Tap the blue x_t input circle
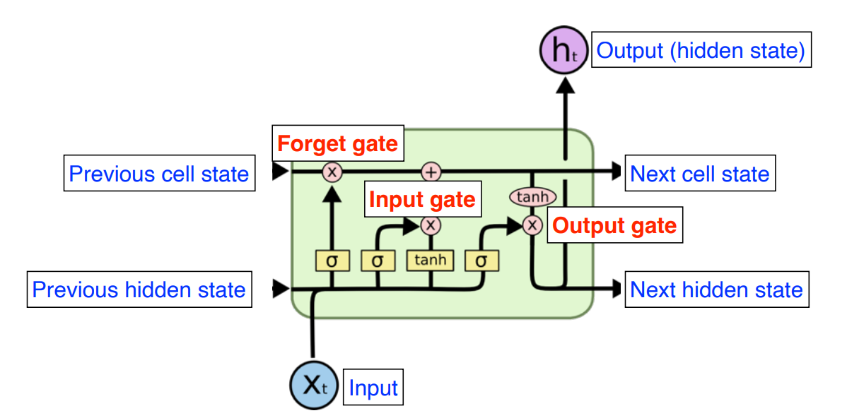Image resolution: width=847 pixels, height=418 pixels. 314,385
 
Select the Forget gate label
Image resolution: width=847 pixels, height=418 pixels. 337,145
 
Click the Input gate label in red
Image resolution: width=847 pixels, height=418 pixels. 422,200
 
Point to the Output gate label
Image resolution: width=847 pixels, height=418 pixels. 614,226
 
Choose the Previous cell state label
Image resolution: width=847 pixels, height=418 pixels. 158,174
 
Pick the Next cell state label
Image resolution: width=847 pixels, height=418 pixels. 699,174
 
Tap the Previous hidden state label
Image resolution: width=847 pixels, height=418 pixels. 139,289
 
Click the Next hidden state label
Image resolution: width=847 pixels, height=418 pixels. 716,289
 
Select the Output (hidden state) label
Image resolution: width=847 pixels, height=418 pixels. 701,51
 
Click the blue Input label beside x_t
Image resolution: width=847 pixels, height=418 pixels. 373,388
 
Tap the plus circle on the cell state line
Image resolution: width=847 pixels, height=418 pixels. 431,172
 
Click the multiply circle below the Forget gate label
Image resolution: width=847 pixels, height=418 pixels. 332,172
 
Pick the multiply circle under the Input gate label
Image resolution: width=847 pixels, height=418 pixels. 430,225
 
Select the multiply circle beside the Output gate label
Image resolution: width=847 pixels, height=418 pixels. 532,225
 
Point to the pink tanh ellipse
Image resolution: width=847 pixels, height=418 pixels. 532,197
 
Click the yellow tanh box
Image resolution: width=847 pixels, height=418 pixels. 430,260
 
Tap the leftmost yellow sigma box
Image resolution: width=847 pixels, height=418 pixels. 332,261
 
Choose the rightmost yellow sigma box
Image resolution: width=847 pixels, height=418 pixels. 481,261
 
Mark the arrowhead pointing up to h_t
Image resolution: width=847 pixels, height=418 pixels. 564,84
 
